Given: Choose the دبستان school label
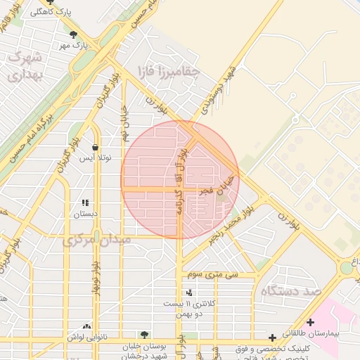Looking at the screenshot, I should (x=86, y=213).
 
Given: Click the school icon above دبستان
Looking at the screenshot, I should (x=86, y=202).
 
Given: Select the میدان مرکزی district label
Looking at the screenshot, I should (x=97, y=240).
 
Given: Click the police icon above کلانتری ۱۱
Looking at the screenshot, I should (x=188, y=292).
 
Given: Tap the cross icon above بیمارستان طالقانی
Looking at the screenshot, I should (x=310, y=322).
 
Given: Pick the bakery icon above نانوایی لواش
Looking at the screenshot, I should (x=86, y=326).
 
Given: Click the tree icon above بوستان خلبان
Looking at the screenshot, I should (x=144, y=335).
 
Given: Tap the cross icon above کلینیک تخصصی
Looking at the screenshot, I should (x=272, y=339).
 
